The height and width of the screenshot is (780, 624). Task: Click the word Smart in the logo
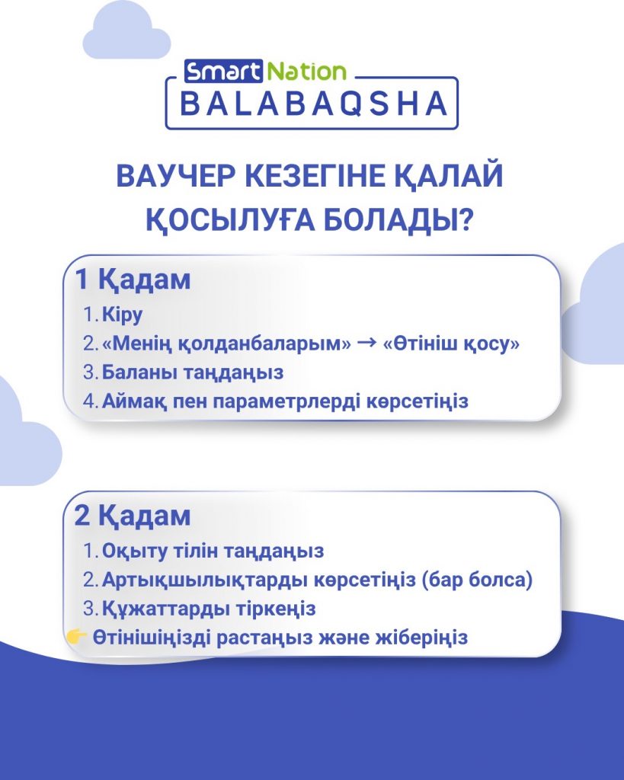pyautogui.click(x=223, y=72)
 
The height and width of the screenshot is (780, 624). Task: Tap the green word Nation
pyautogui.click(x=306, y=72)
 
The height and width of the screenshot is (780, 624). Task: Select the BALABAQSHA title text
pyautogui.click(x=313, y=104)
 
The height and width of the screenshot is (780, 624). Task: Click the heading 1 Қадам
pyautogui.click(x=133, y=280)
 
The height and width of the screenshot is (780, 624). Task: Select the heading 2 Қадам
pyautogui.click(x=133, y=516)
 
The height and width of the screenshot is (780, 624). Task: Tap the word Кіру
pyautogui.click(x=123, y=315)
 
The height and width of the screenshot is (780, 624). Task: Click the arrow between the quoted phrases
pyautogui.click(x=366, y=343)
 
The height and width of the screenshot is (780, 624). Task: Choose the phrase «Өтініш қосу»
pyautogui.click(x=451, y=344)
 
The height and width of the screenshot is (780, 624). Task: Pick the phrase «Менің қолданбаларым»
pyautogui.click(x=226, y=344)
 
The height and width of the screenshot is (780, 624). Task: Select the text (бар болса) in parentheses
pyautogui.click(x=477, y=580)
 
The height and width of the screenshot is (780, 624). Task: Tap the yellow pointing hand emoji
pyautogui.click(x=77, y=636)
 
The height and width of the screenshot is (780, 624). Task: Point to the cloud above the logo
pyautogui.click(x=126, y=31)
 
